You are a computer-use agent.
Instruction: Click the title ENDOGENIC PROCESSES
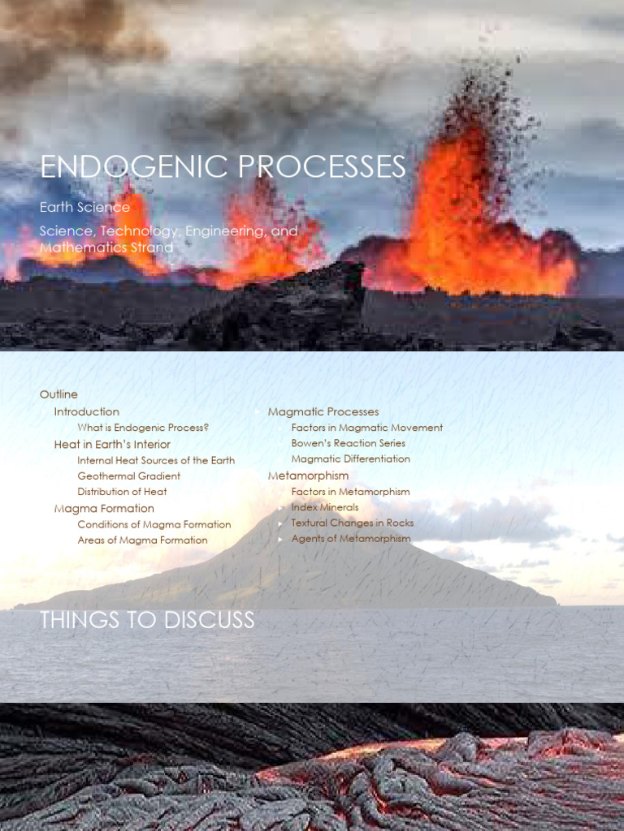click(x=223, y=166)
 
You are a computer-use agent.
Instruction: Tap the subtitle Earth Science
click(x=84, y=207)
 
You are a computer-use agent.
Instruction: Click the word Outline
click(x=58, y=394)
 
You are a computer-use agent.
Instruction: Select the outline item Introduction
click(x=86, y=411)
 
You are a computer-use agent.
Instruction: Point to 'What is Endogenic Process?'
click(x=143, y=428)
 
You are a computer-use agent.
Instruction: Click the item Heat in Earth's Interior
click(x=112, y=444)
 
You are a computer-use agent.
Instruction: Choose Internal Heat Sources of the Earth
click(x=156, y=460)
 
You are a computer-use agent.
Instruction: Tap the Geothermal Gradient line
click(x=128, y=476)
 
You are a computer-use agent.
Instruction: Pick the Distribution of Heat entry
click(x=122, y=492)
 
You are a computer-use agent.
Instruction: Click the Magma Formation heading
click(x=104, y=508)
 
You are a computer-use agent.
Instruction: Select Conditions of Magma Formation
click(x=154, y=524)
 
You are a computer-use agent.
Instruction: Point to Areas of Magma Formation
click(x=142, y=540)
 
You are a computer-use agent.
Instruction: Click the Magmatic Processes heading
click(x=323, y=411)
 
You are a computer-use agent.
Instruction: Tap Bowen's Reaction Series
click(x=348, y=443)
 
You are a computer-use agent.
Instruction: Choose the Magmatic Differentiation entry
click(x=350, y=459)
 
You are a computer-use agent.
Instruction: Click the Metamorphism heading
click(x=308, y=476)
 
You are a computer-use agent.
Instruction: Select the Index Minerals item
click(x=324, y=507)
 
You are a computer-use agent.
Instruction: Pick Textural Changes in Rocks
click(x=352, y=523)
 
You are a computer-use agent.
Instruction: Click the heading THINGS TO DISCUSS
click(x=147, y=621)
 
